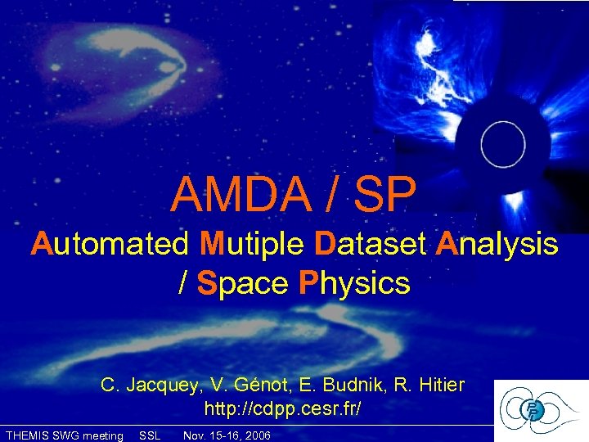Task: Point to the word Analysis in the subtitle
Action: (x=497, y=244)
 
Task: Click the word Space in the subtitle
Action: (x=243, y=283)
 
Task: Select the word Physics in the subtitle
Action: (x=354, y=283)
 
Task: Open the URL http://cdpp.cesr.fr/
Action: (x=282, y=407)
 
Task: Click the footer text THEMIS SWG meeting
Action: (x=64, y=435)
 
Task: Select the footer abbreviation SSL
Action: (x=151, y=435)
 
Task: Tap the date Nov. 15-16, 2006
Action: (x=227, y=435)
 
